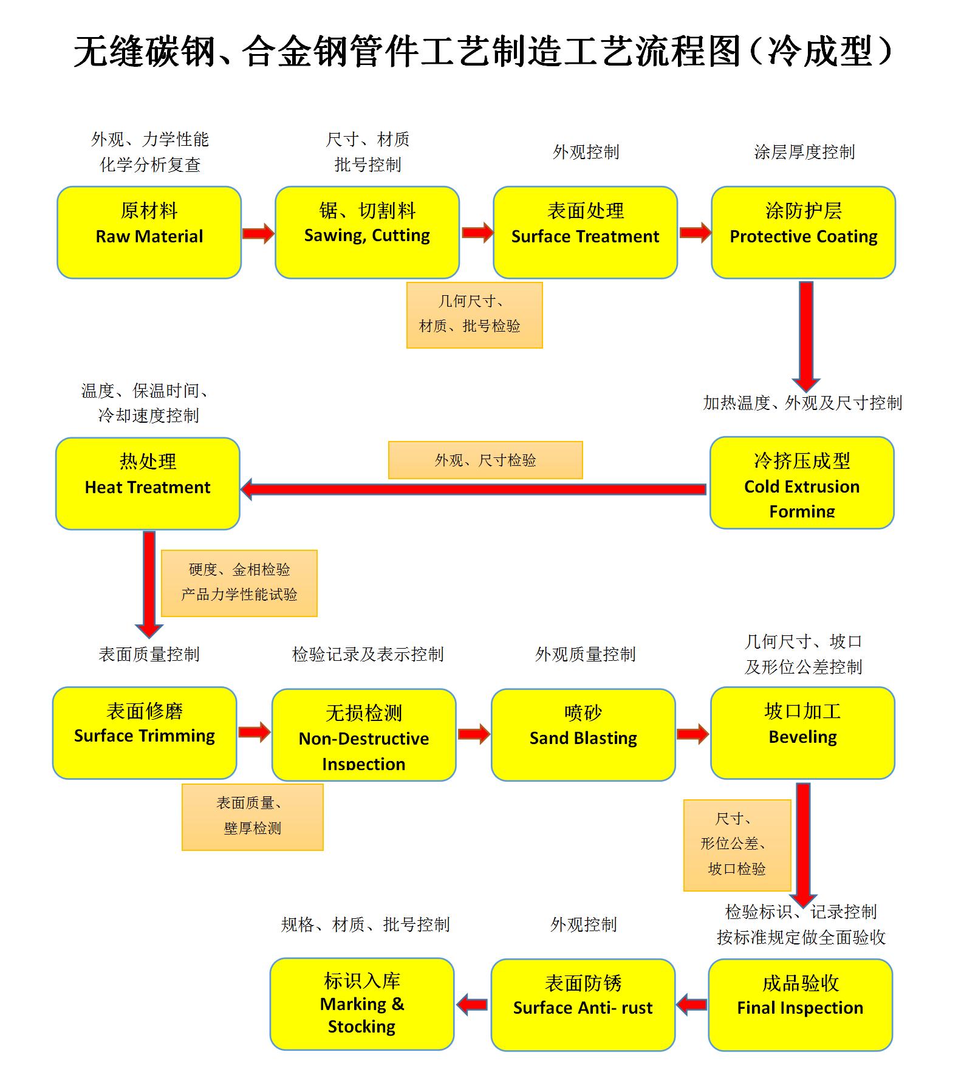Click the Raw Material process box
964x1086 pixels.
click(x=149, y=232)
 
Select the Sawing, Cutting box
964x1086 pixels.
click(x=367, y=232)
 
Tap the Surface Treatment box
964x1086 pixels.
click(x=585, y=232)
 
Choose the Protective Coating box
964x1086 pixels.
click(x=803, y=232)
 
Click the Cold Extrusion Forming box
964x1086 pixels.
click(x=802, y=483)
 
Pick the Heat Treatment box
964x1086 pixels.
click(x=148, y=483)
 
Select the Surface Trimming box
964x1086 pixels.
click(x=145, y=733)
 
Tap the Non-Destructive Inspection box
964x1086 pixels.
click(x=364, y=734)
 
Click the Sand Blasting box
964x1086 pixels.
click(x=583, y=734)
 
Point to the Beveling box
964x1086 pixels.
click(x=802, y=733)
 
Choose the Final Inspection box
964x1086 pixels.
click(x=800, y=1005)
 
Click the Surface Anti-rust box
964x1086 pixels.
click(x=583, y=1005)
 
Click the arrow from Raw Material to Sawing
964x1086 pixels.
click(x=258, y=233)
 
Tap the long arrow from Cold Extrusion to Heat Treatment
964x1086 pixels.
click(x=474, y=489)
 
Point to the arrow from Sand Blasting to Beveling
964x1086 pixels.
click(x=692, y=734)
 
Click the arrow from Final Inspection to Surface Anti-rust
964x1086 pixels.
click(x=692, y=1005)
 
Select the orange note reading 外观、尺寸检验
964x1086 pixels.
click(x=485, y=460)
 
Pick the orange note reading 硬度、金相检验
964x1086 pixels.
click(x=239, y=583)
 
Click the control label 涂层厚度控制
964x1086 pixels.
click(x=804, y=152)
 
